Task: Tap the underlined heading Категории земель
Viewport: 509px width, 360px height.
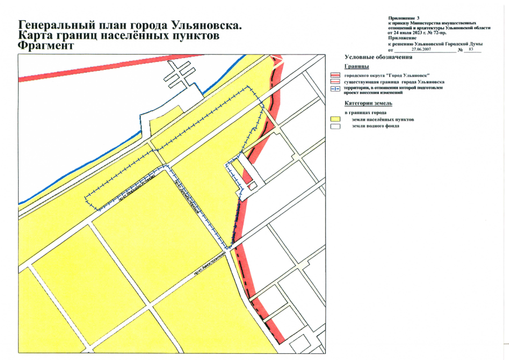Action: tap(369, 103)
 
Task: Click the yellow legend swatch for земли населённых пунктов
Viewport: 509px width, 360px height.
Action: tap(336, 119)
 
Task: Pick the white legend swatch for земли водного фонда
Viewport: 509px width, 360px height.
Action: tap(336, 126)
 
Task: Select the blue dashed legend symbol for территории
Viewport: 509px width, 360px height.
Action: tap(336, 88)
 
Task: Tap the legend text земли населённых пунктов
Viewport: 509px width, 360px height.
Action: tap(382, 120)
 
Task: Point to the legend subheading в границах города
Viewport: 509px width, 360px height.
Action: tap(365, 113)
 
